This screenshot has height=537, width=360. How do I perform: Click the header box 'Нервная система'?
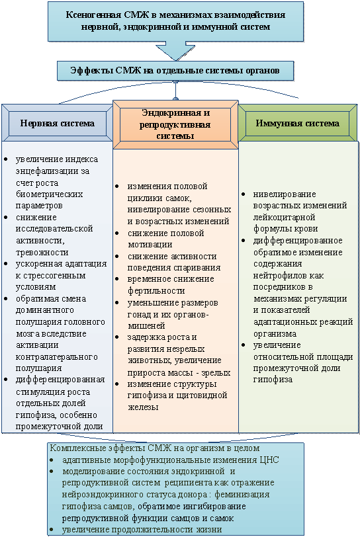click(57, 123)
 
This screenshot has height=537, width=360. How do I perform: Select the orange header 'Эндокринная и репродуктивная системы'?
click(175, 124)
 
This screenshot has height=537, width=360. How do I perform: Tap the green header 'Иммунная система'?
click(298, 123)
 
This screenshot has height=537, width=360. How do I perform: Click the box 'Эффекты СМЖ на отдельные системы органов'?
click(175, 71)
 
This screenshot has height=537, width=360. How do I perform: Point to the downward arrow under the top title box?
click(175, 51)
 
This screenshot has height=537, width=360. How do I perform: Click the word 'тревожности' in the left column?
click(42, 253)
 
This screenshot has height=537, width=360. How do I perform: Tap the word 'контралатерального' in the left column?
click(57, 357)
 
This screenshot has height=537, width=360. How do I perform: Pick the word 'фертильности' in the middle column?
click(156, 291)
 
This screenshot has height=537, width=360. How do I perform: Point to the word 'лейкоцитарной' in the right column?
click(285, 217)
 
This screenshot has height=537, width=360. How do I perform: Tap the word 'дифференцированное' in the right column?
click(298, 241)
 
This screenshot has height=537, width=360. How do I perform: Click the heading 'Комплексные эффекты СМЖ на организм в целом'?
click(155, 448)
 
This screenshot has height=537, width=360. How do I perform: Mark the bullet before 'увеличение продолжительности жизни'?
click(52, 530)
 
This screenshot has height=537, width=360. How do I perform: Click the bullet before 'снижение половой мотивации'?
click(117, 233)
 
